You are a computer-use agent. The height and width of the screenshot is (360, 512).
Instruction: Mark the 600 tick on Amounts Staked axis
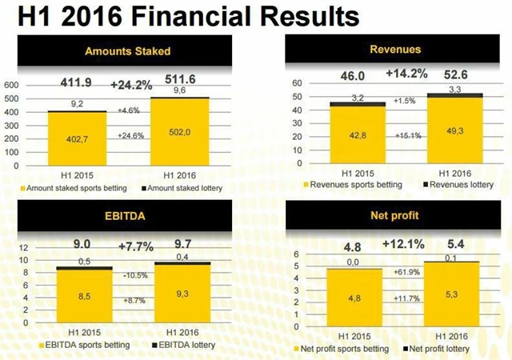[12, 85]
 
